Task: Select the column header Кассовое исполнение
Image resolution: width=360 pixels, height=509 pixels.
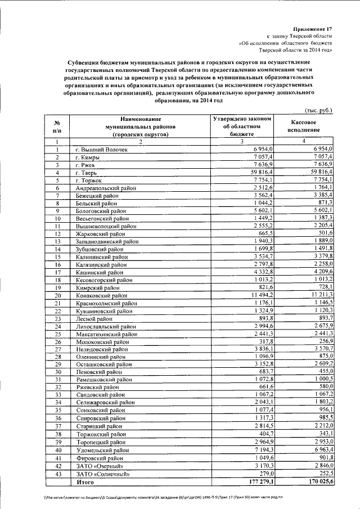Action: (306, 126)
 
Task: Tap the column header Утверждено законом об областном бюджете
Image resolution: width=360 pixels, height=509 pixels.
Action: (243, 127)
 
